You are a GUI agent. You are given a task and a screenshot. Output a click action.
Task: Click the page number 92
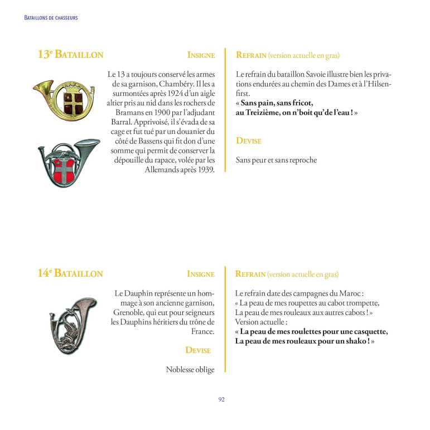coord(221,399)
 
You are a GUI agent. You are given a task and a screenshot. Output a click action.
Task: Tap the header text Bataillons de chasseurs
coord(51,18)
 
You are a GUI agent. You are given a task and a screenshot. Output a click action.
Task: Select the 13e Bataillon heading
coord(70,55)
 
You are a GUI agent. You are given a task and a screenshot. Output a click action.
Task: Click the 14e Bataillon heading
coord(70,273)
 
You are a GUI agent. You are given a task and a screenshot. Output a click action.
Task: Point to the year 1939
coord(204,170)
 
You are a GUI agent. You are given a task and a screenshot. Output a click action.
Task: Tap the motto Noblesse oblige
coord(190,369)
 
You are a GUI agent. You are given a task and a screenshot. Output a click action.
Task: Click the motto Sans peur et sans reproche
coord(276,160)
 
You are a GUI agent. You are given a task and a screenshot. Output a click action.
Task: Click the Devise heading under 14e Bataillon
coord(198,350)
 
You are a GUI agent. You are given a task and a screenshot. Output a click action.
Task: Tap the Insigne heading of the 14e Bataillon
coord(201,274)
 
